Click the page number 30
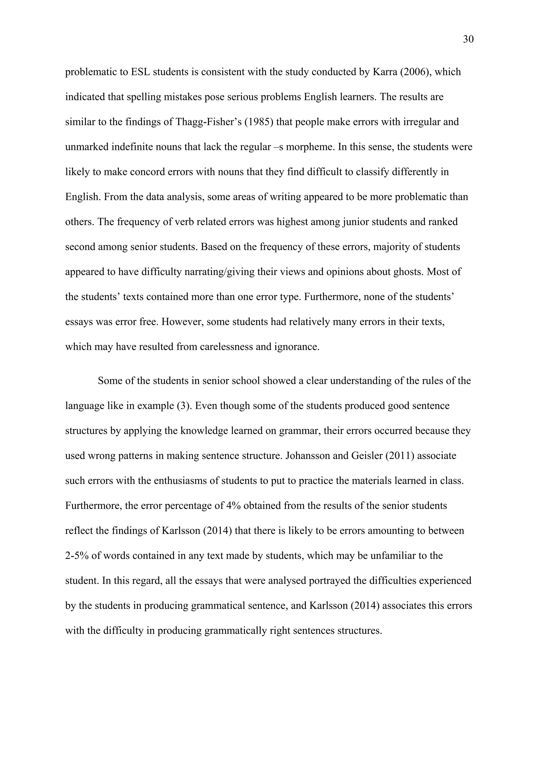click(468, 39)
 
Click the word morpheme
click(309, 147)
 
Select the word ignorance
click(296, 347)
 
